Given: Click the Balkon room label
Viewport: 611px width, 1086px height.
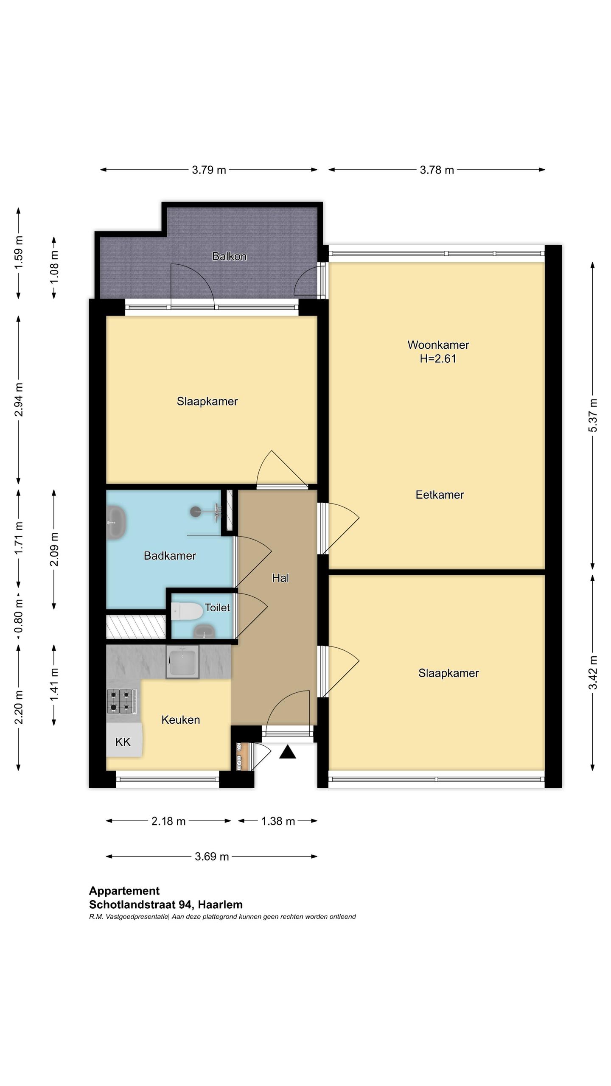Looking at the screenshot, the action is [x=229, y=256].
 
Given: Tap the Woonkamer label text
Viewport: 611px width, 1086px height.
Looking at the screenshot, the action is [x=438, y=345].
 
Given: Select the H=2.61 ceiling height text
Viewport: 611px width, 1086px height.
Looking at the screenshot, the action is [x=438, y=359].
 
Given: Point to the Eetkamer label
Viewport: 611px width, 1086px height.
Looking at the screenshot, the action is [x=440, y=495].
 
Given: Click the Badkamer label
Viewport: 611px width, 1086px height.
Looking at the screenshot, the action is [x=170, y=556].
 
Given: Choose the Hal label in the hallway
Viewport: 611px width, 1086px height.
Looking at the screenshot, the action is [x=280, y=578].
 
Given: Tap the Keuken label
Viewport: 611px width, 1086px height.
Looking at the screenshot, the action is [x=180, y=720].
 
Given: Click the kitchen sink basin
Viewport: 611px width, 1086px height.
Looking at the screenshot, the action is [x=182, y=662].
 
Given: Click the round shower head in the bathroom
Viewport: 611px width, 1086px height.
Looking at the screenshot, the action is [x=196, y=512].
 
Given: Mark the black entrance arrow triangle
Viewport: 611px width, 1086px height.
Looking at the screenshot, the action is [x=288, y=752].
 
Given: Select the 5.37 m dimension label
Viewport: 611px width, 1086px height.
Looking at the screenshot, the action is [x=593, y=416].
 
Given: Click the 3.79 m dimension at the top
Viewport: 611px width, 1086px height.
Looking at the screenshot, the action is [x=209, y=170].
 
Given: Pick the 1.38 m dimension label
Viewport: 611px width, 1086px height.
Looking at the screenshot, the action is [x=278, y=821].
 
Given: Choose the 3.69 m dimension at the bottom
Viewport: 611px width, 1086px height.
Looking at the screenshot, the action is [x=212, y=856].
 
